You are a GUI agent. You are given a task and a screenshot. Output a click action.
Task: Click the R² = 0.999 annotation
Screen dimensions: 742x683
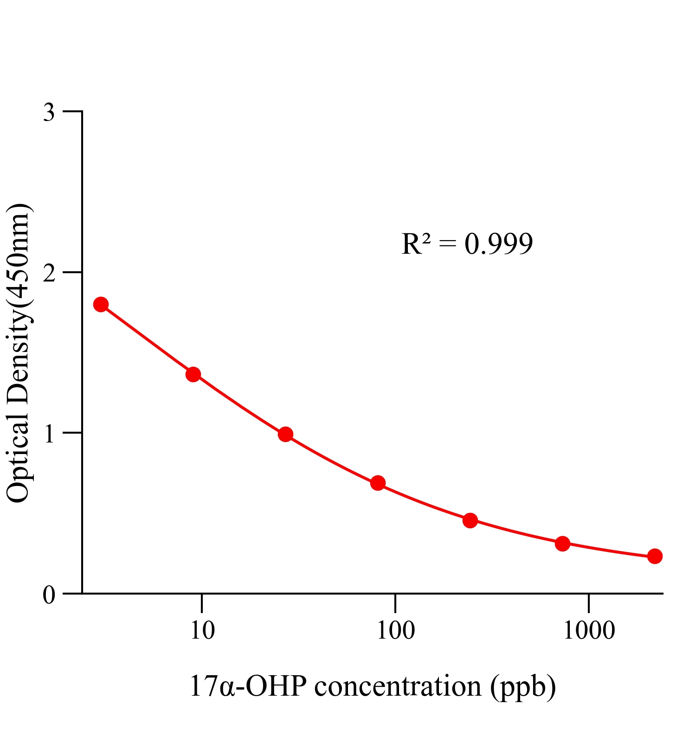coord(467,244)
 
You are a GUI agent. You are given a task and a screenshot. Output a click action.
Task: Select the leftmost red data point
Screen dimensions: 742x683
coord(101,305)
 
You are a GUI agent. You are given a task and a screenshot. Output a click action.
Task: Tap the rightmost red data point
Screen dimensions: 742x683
coord(654,556)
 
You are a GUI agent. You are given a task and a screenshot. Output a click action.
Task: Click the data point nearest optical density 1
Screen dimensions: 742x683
coord(285,435)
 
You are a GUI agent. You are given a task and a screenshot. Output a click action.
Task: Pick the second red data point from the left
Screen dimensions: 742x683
coord(193,374)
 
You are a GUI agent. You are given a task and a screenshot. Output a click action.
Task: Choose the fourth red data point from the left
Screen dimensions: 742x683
coord(378,483)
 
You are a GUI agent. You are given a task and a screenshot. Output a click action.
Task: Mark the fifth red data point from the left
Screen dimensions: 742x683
coord(470,520)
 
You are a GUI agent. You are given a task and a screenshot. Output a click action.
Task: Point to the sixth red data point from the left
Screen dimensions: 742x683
coord(562,544)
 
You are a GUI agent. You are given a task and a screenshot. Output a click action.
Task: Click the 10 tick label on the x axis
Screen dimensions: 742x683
coord(202,631)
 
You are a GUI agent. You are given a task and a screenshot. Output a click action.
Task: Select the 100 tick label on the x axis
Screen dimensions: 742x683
coord(395,631)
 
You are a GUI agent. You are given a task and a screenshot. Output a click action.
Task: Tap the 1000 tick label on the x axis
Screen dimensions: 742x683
coord(588,631)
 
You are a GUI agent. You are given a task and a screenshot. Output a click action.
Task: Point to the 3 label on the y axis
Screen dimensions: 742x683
coord(49,113)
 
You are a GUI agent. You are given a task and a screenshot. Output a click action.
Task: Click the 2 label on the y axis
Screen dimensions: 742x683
coord(49,274)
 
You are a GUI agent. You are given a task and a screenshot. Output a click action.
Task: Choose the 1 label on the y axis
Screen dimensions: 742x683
coord(49,434)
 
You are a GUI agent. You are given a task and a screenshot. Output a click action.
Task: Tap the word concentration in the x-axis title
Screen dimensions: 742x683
coord(398,686)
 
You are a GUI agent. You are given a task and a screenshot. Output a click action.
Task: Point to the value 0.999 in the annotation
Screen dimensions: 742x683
coord(499,244)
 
